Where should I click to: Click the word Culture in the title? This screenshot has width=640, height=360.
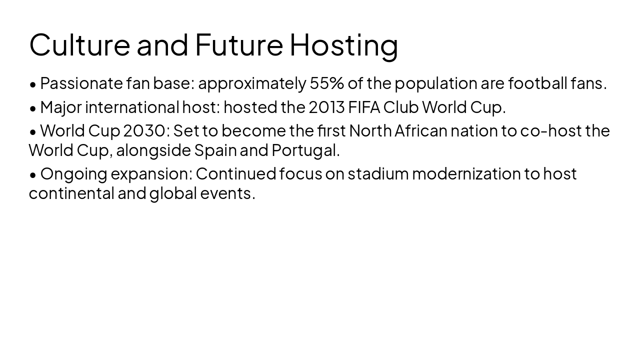click(x=79, y=44)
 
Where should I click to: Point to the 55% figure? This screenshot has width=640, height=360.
click(x=326, y=83)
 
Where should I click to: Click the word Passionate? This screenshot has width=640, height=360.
click(x=81, y=83)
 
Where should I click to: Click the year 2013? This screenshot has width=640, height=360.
click(x=326, y=107)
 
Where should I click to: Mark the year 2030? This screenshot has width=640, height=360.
click(x=144, y=130)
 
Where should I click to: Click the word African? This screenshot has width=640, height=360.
click(x=420, y=130)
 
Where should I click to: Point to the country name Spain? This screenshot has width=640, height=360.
click(x=215, y=150)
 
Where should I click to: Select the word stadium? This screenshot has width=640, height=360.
click(x=378, y=173)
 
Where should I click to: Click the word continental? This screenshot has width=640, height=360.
click(x=71, y=193)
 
